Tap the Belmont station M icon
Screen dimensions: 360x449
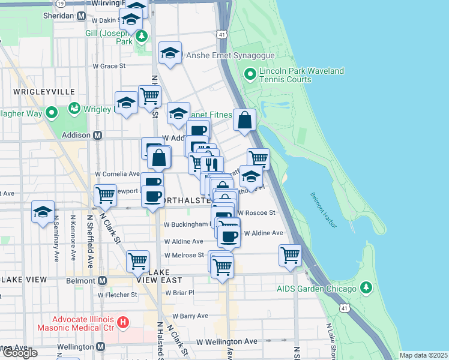tap(103, 280)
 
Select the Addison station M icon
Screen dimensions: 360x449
tap(97, 135)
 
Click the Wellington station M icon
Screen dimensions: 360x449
tap(100, 347)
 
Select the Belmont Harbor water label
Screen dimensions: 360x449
tap(324, 210)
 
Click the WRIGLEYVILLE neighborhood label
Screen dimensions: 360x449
tap(44, 91)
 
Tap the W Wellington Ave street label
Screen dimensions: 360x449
tap(228, 341)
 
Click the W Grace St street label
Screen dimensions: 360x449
tap(109, 65)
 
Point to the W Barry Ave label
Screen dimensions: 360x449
tap(186, 316)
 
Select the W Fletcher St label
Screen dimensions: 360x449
tap(118, 295)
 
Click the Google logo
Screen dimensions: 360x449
tap(19, 353)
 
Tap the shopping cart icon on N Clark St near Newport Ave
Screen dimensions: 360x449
tap(105, 195)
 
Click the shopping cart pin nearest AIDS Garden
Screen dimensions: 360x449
tap(290, 254)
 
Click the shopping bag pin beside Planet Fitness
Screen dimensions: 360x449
tap(245, 120)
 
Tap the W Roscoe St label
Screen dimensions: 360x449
tap(256, 212)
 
